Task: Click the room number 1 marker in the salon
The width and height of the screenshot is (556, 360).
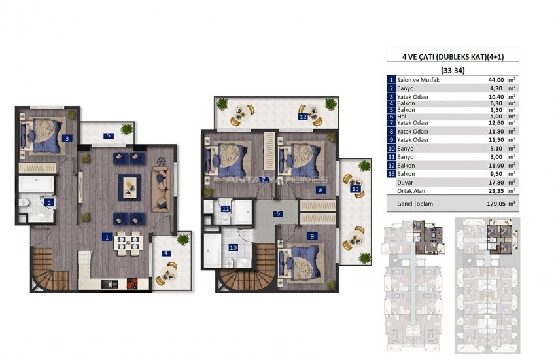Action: [107, 238]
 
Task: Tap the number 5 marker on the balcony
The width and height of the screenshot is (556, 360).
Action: [109, 135]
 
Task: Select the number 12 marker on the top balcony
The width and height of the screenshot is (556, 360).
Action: [302, 117]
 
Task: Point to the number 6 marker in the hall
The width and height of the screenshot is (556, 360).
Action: [279, 213]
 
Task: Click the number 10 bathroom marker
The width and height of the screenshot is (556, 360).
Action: [233, 248]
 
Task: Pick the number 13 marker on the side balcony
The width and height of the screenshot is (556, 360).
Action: [355, 189]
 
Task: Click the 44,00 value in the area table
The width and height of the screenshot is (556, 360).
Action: [496, 80]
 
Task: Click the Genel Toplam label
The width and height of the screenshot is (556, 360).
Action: [415, 204]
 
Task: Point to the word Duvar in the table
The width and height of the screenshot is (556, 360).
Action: [405, 183]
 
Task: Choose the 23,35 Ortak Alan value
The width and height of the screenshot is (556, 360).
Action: [496, 191]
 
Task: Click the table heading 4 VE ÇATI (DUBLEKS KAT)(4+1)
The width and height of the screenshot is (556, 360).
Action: [453, 56]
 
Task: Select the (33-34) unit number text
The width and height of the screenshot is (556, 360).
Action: [453, 70]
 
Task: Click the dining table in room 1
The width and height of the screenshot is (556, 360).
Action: [128, 243]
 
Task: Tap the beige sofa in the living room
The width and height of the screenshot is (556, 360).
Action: [162, 190]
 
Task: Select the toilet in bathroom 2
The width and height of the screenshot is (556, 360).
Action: [24, 203]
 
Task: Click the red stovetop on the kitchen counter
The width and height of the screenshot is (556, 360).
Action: [132, 283]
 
